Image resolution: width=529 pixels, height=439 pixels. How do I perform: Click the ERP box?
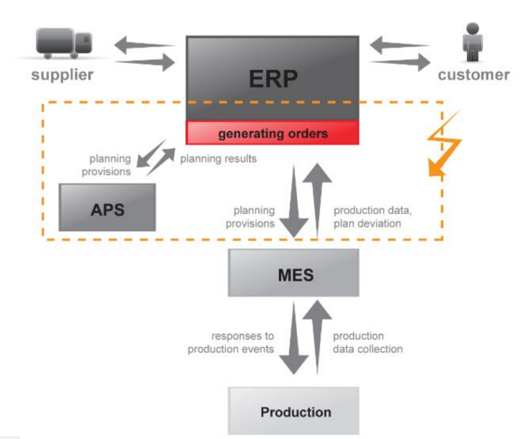coord(272,78)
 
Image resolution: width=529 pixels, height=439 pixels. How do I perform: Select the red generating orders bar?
coord(272,133)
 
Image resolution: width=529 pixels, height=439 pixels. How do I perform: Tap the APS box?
coord(107,208)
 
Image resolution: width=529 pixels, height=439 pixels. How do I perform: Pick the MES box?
coord(294,272)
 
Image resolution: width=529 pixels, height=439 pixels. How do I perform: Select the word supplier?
coord(63,75)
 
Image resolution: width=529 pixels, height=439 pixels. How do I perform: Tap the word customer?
coord(473,75)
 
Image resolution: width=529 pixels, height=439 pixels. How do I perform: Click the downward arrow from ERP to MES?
coord(294,202)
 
